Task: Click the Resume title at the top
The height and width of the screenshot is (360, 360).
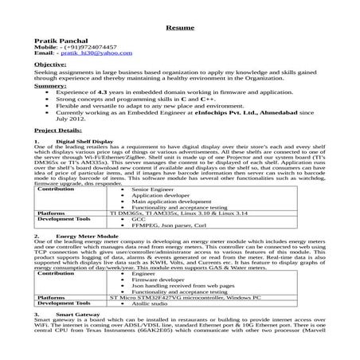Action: coord(180,28)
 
